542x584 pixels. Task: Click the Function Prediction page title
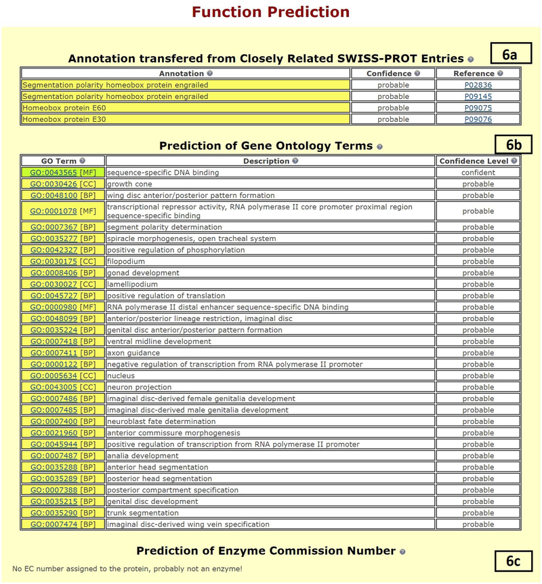click(270, 12)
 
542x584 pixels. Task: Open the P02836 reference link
click(478, 85)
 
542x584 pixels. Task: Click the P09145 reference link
click(478, 97)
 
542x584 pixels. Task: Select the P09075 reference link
click(478, 108)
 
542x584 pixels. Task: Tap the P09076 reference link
click(478, 120)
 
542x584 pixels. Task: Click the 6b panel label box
click(512, 144)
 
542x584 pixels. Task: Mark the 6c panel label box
click(512, 561)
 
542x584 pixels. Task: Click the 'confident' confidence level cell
click(478, 173)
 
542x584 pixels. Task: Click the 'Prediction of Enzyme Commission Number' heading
click(266, 551)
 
